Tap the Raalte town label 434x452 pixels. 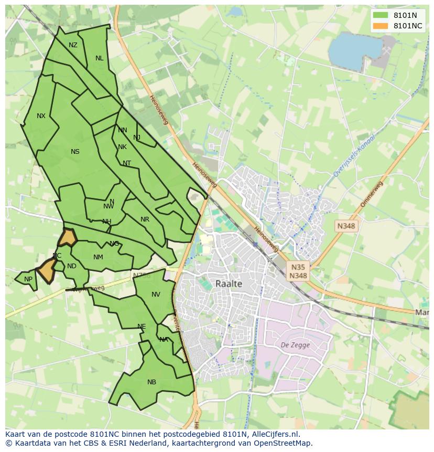[229, 283]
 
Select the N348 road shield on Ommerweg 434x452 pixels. [346, 226]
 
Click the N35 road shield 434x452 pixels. [298, 267]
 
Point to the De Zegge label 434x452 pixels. [295, 345]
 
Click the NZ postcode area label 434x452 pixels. [73, 45]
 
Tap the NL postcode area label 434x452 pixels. [99, 58]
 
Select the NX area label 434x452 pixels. [41, 116]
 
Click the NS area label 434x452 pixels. [75, 152]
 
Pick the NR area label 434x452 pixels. [145, 219]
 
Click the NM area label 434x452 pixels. [98, 257]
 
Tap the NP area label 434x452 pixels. [28, 279]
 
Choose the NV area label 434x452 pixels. [156, 295]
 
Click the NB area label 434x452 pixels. [151, 382]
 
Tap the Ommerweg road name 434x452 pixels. [372, 195]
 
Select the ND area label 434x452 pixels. [72, 266]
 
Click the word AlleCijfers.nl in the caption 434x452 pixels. [274, 434]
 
